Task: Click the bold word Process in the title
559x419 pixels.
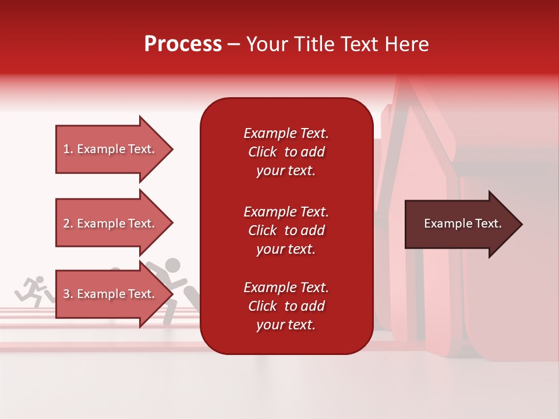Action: click(183, 44)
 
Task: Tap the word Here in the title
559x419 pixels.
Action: click(406, 44)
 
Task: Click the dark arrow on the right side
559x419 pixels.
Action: click(460, 224)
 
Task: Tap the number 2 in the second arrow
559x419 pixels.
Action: click(66, 223)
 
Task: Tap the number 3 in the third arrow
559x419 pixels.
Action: click(66, 294)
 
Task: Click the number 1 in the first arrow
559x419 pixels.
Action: click(66, 149)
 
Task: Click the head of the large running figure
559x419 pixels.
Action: click(172, 267)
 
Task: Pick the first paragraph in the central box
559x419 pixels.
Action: click(286, 152)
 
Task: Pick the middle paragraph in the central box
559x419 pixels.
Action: click(286, 230)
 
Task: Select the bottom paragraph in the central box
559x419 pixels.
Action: click(286, 306)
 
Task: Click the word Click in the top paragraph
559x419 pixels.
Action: click(262, 152)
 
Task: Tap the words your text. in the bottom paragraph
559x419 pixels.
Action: click(286, 325)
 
